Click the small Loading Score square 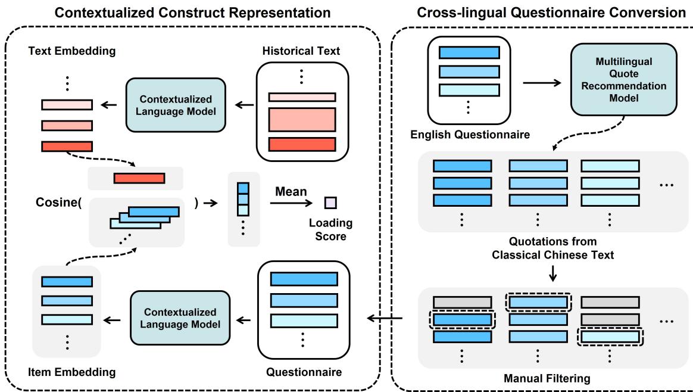(330, 203)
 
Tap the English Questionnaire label (470, 135)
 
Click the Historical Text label (301, 51)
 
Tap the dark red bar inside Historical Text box (302, 144)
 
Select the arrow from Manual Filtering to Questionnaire (385, 319)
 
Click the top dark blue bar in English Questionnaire (469, 52)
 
